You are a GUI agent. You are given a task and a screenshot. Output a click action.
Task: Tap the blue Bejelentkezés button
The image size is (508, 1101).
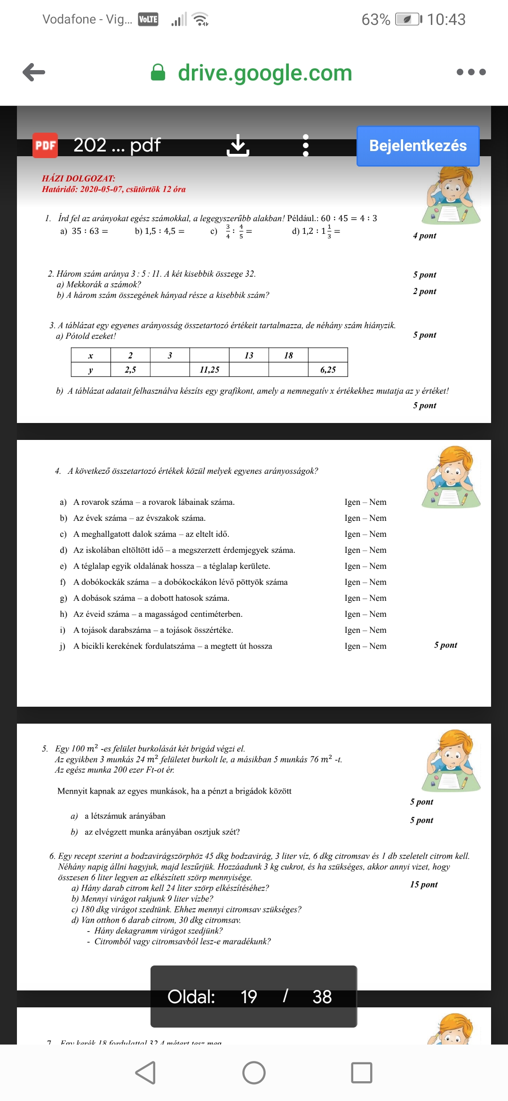[x=418, y=146]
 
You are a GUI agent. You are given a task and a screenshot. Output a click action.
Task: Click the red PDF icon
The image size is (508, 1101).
[x=45, y=145]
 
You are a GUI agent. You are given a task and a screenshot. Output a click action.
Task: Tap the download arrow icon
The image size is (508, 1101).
[x=238, y=145]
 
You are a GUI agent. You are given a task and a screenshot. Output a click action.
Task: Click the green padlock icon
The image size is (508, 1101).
[x=158, y=72]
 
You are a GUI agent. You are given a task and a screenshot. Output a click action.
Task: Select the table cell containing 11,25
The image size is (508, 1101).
[x=209, y=370]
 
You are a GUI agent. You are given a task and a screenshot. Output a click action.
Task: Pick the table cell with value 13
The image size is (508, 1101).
[x=249, y=355]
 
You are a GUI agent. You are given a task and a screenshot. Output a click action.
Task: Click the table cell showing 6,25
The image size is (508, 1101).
[x=328, y=370]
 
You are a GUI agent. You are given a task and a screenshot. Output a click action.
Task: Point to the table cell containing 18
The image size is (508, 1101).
[x=288, y=355]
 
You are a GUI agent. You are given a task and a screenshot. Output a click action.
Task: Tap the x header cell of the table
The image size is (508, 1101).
[x=91, y=355]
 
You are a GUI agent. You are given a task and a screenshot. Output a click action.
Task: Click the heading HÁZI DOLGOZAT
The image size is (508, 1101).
[x=79, y=178]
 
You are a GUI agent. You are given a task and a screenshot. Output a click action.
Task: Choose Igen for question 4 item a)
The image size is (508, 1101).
[x=352, y=502]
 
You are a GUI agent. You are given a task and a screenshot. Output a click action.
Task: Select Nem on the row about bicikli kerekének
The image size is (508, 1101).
[x=378, y=646]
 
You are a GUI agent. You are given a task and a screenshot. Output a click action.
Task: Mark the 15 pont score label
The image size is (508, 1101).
[x=424, y=885]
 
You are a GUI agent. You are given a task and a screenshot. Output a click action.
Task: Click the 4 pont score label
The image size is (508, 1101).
[x=425, y=236]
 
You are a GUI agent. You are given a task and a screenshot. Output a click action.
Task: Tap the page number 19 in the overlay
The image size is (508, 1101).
[x=248, y=997]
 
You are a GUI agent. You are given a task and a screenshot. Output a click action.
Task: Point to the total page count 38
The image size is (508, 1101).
[x=322, y=997]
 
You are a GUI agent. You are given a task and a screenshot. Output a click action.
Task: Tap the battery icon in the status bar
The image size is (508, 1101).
[x=408, y=19]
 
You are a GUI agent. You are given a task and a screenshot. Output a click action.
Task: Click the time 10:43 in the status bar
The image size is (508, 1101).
[x=446, y=19]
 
